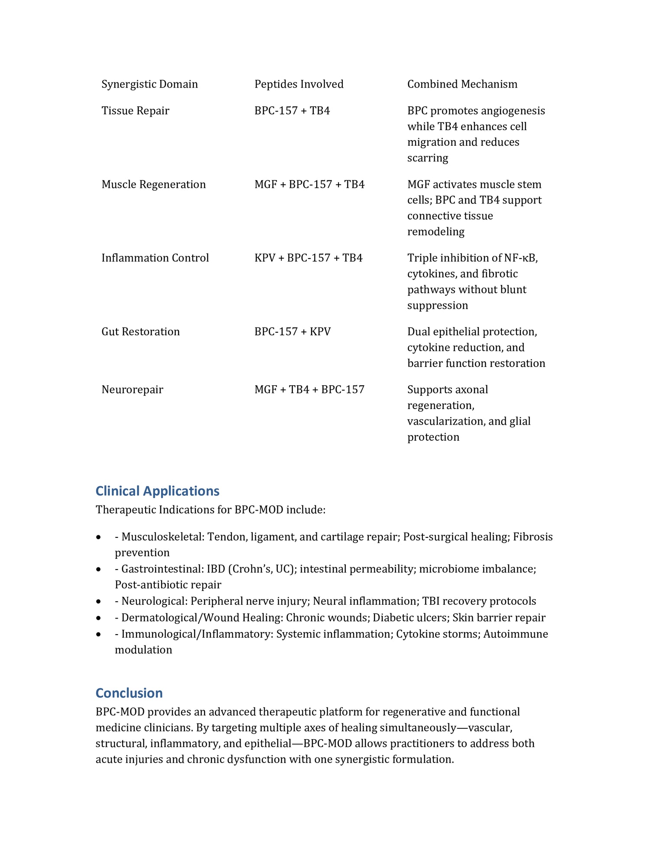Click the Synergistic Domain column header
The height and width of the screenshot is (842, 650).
[x=149, y=84]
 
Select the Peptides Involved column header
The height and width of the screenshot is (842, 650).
[x=299, y=84]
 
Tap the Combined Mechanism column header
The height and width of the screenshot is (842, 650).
[x=462, y=84]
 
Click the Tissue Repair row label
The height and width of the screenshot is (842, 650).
[x=135, y=111]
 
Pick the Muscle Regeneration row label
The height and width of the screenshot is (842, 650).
[x=153, y=184]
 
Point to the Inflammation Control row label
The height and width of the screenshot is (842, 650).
[x=155, y=258]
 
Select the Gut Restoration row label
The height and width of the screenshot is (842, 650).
[x=140, y=332]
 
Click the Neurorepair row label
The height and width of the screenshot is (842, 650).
[x=132, y=390]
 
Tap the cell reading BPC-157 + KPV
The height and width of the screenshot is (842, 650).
[x=292, y=332]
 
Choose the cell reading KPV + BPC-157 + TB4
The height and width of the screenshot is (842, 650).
[x=308, y=258]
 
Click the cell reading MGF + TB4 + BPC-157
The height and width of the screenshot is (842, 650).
[x=309, y=390]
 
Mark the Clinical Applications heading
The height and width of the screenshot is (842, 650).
[x=157, y=491]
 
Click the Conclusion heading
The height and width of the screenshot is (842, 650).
[x=129, y=693]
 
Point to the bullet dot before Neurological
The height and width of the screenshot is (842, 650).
[x=99, y=602]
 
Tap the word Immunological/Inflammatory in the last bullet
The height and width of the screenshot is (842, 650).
[x=197, y=634]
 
